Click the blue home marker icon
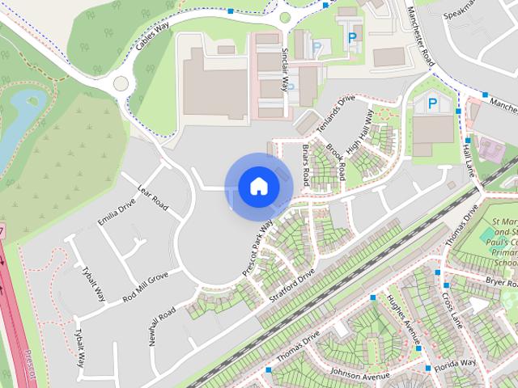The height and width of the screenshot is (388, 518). tap(258, 187)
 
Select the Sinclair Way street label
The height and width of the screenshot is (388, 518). tap(284, 69)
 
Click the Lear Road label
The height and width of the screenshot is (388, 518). tap(153, 197)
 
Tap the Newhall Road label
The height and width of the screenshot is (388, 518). tap(163, 326)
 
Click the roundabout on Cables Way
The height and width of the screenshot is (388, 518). tap(121, 82)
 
